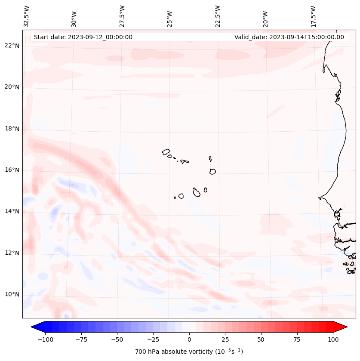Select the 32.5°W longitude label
27,16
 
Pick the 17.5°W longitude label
313,16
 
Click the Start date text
83,37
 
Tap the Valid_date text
289,37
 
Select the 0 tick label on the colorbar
189,339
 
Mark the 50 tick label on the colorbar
261,339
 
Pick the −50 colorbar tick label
116,339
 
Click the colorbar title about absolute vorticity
189,352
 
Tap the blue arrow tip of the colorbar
34,327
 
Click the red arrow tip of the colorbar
345,327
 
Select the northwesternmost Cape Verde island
166,151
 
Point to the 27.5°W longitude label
122,16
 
